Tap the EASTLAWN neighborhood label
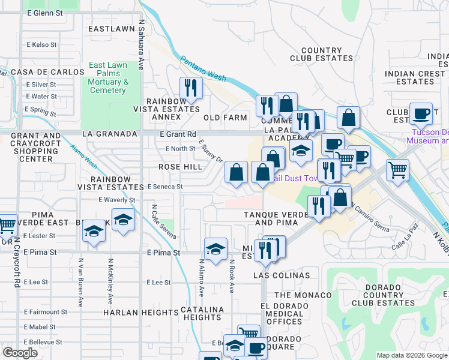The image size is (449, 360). coord(111,28)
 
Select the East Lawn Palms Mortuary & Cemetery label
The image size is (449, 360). coord(108,78)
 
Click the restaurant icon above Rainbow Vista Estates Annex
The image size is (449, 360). coord(191,88)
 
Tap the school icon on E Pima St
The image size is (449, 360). coord(215,247)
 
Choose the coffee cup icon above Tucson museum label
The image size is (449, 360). coord(421,113)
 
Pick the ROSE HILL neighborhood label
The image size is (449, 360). coord(180,167)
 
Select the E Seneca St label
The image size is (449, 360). coord(164,187)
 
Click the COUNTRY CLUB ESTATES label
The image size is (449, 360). coord(321,55)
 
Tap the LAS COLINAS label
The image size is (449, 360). coord(282,275)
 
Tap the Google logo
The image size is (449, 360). coord(20,353)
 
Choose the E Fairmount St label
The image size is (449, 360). coord(46,312)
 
